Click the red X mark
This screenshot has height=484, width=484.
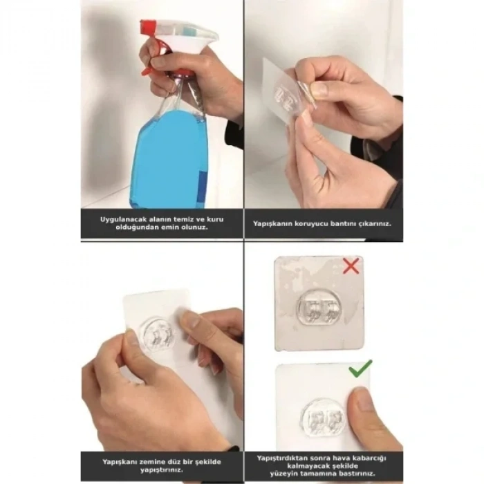(x=351, y=266)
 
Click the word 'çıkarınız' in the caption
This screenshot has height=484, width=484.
(x=374, y=223)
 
